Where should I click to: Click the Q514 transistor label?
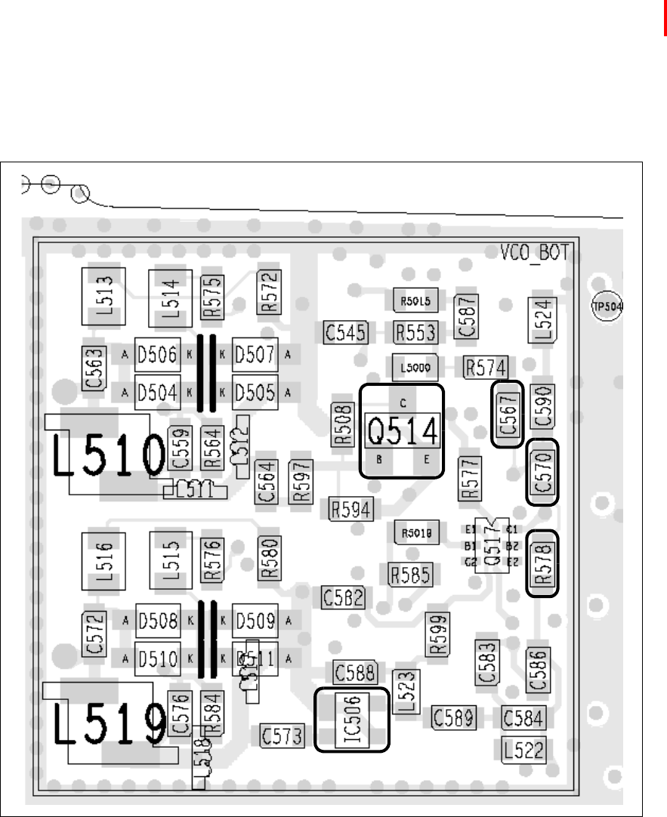402,432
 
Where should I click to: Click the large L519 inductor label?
110,725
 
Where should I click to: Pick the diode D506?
156,353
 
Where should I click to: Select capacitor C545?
346,332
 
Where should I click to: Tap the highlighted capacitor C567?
508,415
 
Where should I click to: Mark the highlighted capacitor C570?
543,472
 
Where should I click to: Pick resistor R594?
350,509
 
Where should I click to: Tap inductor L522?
523,749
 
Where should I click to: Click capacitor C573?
283,735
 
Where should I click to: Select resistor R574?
486,368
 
